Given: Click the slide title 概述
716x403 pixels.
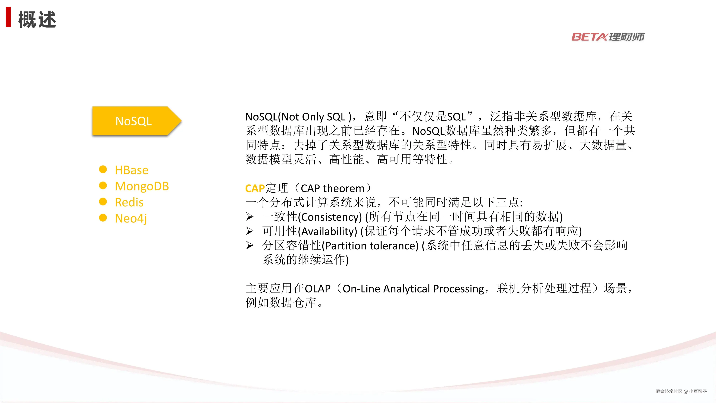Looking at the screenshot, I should tap(37, 20).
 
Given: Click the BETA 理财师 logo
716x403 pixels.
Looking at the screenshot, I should tap(608, 36).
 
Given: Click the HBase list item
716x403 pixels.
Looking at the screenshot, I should tap(131, 170).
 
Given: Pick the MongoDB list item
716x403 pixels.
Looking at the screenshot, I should tap(142, 186).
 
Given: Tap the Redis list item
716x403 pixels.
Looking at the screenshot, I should tap(129, 202).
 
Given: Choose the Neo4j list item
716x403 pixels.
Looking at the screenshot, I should tap(131, 219).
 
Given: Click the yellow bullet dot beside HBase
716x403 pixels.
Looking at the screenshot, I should tap(103, 169).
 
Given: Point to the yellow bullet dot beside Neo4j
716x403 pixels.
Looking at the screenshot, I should tap(103, 218).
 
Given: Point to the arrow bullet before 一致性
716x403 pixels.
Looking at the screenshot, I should tap(250, 217).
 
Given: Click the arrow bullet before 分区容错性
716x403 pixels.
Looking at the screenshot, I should tap(250, 245).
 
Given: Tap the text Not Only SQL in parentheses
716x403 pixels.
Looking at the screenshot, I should tap(313, 117).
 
